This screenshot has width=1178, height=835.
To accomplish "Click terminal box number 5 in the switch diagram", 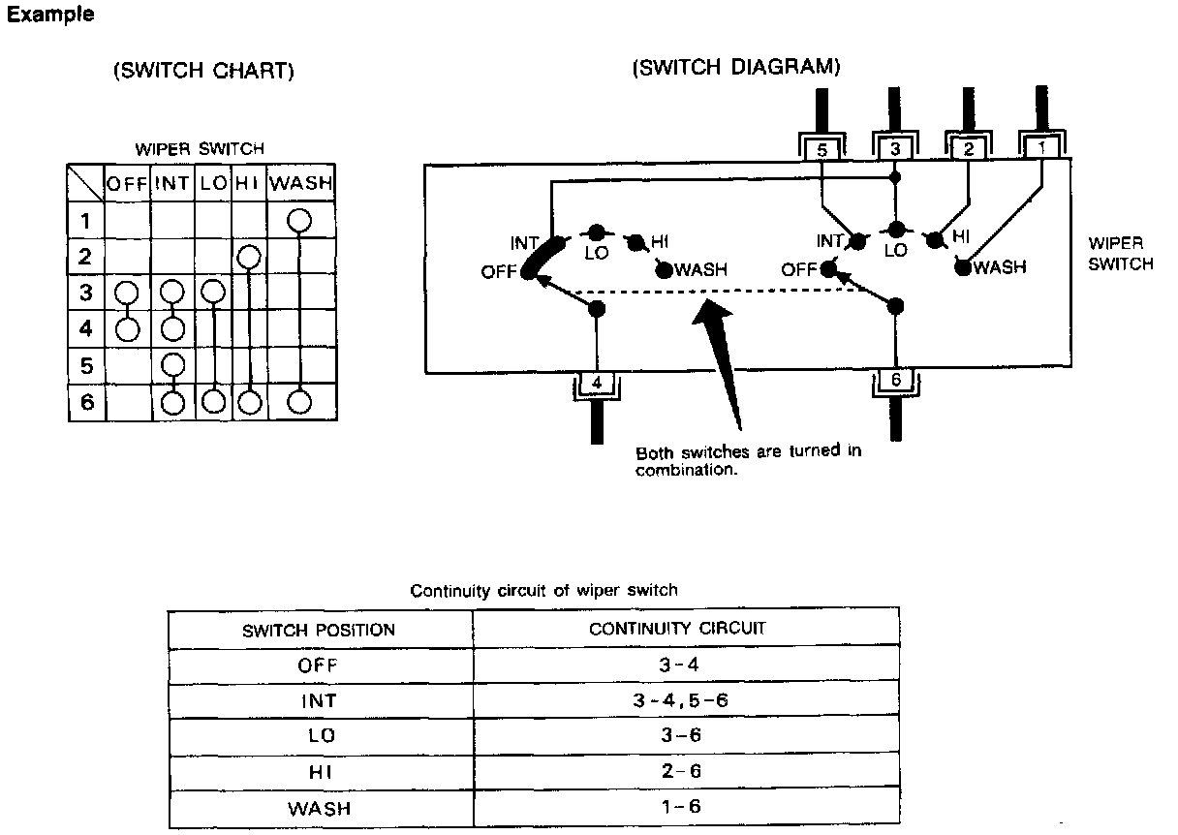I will [x=821, y=150].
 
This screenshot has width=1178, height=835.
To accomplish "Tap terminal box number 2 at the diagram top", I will [x=969, y=149].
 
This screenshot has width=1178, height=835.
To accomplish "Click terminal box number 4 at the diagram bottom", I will [x=596, y=384].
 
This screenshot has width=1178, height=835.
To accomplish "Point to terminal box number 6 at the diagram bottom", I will [x=895, y=381].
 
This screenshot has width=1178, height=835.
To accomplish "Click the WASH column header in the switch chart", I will [x=300, y=182].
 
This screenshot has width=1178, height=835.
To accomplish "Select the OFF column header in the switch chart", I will [x=127, y=182].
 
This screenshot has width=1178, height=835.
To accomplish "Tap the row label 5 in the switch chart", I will [x=86, y=365].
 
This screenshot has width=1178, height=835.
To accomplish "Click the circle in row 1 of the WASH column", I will [x=299, y=221].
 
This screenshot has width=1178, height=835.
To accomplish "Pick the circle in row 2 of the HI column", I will [x=249, y=257].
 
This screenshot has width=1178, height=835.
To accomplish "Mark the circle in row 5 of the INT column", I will [x=173, y=365].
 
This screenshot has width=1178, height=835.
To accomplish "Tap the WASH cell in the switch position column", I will [x=320, y=808].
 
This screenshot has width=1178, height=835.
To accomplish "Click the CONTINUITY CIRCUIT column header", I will [x=678, y=628].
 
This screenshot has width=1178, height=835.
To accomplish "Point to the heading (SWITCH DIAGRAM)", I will [x=735, y=68].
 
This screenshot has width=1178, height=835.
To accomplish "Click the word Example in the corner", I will [x=51, y=15].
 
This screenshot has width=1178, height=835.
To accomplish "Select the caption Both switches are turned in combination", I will [x=748, y=460].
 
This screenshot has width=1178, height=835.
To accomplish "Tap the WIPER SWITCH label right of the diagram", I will [x=1121, y=254].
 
